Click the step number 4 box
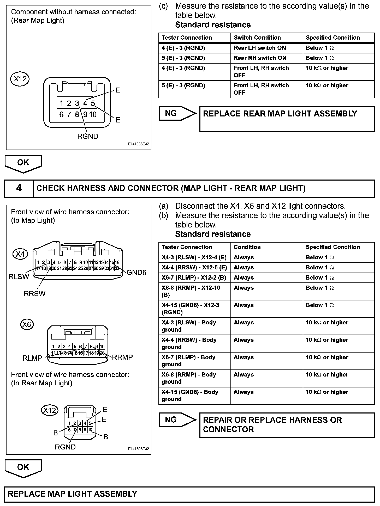point(19,188)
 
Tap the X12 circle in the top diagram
point(20,79)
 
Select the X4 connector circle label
point(20,254)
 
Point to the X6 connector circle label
point(27,325)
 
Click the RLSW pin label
point(19,277)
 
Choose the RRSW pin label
point(34,294)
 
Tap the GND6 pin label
point(136,273)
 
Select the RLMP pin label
point(32,358)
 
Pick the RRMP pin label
point(122,357)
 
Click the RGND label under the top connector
point(88,136)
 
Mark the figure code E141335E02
point(139,144)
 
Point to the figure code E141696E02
point(139,449)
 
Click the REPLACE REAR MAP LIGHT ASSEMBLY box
point(287,119)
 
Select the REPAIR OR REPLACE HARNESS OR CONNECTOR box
point(287,425)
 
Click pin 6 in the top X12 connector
point(61,114)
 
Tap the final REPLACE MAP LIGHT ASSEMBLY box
point(189,494)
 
